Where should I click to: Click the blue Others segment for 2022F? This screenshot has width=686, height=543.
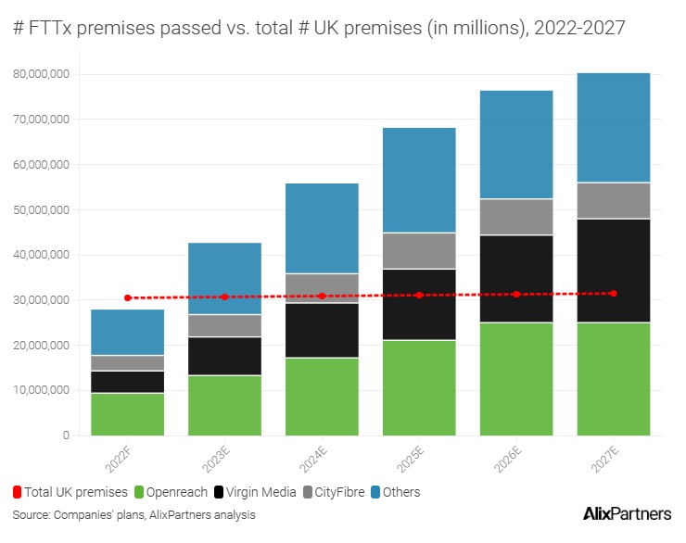(x=127, y=332)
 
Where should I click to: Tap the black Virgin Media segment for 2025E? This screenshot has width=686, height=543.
(x=419, y=304)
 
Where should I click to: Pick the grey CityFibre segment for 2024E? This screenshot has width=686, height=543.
(x=322, y=288)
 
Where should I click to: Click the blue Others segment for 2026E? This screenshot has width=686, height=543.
(x=516, y=145)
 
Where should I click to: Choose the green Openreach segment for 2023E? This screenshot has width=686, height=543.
(x=224, y=405)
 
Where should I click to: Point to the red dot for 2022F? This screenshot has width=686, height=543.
(x=128, y=297)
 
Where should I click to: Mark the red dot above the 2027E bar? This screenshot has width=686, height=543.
(x=613, y=293)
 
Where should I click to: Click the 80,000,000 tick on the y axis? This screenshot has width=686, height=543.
(x=42, y=74)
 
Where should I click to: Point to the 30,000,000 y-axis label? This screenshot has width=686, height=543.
(x=42, y=300)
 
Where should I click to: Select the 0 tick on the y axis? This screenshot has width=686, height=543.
(x=66, y=436)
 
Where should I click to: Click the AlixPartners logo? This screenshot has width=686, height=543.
(x=628, y=514)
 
